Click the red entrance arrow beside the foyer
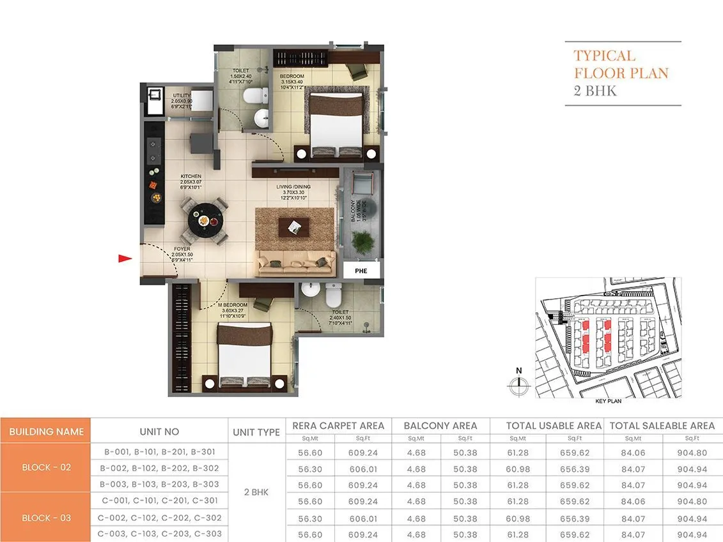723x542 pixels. [125, 259]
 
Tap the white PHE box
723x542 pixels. [361, 271]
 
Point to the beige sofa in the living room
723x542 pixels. [295, 261]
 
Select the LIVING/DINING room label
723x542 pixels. [293, 187]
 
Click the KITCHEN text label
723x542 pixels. [190, 176]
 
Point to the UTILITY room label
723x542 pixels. [181, 96]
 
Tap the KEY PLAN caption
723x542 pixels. [608, 402]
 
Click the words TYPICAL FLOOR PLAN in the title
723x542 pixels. [612, 64]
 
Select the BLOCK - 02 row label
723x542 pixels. [46, 467]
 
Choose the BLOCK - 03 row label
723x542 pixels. [46, 518]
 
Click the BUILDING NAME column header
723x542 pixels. [46, 432]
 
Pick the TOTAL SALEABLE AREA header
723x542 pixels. [662, 425]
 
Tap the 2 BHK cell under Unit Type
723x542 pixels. [256, 492]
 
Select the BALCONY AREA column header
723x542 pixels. [440, 425]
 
